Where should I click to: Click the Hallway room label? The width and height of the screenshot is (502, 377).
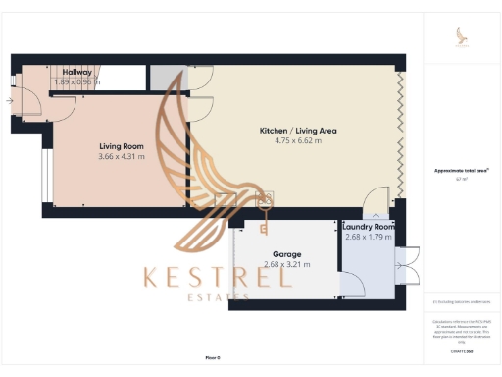tap(77, 72)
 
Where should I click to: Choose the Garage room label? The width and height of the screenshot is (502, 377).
tap(287, 253)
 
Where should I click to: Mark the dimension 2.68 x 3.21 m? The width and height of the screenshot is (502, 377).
tap(286, 264)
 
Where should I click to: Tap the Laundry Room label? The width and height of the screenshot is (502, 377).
tap(369, 227)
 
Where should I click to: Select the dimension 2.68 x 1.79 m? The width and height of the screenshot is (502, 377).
tap(369, 239)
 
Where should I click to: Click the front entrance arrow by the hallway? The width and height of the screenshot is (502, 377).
tap(10, 100)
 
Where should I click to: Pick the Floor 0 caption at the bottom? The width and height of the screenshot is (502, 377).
tap(213, 358)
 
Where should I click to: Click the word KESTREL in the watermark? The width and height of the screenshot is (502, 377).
tap(218, 277)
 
